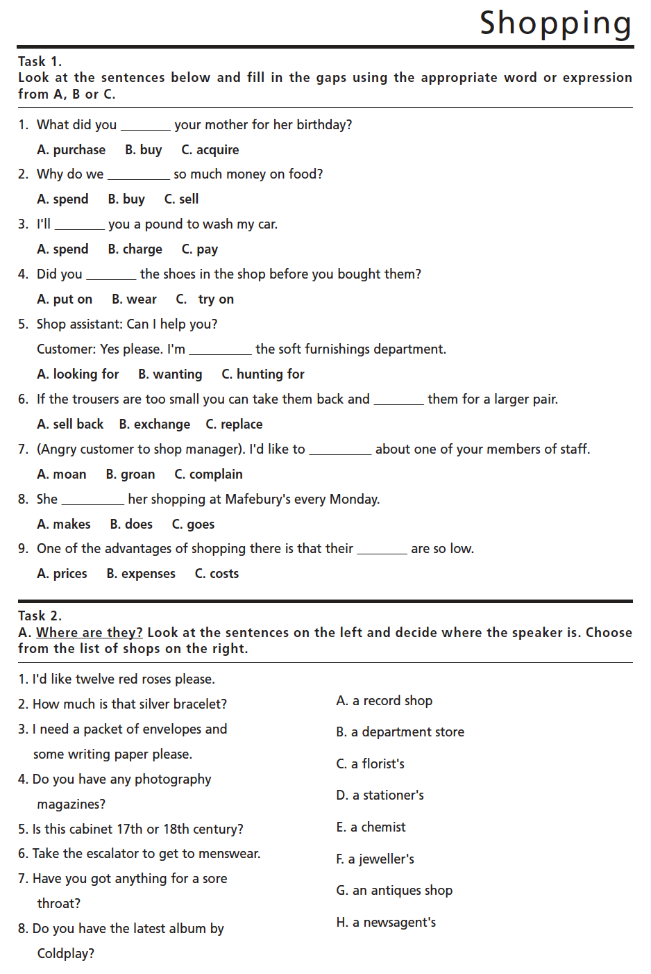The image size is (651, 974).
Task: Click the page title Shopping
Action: [555, 24]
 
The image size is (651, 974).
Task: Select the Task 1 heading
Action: [40, 61]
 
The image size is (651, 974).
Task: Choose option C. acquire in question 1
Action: [210, 150]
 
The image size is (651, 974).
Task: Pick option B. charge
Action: [135, 249]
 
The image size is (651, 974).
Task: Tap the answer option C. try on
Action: [205, 299]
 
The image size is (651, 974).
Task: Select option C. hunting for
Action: [262, 374]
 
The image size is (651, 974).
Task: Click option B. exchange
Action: [154, 424]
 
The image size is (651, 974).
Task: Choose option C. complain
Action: [208, 474]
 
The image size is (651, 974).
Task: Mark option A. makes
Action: [64, 525]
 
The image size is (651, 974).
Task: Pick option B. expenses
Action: [141, 574]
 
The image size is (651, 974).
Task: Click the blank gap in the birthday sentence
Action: [146, 126]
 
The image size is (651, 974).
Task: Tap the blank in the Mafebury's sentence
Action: [92, 501]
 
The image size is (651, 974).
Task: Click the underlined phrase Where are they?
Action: [89, 632]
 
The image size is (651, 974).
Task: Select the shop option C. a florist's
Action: [370, 764]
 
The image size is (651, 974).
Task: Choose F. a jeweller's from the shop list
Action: [375, 859]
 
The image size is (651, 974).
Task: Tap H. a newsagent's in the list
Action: [386, 923]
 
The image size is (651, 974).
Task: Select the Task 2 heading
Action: [40, 616]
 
